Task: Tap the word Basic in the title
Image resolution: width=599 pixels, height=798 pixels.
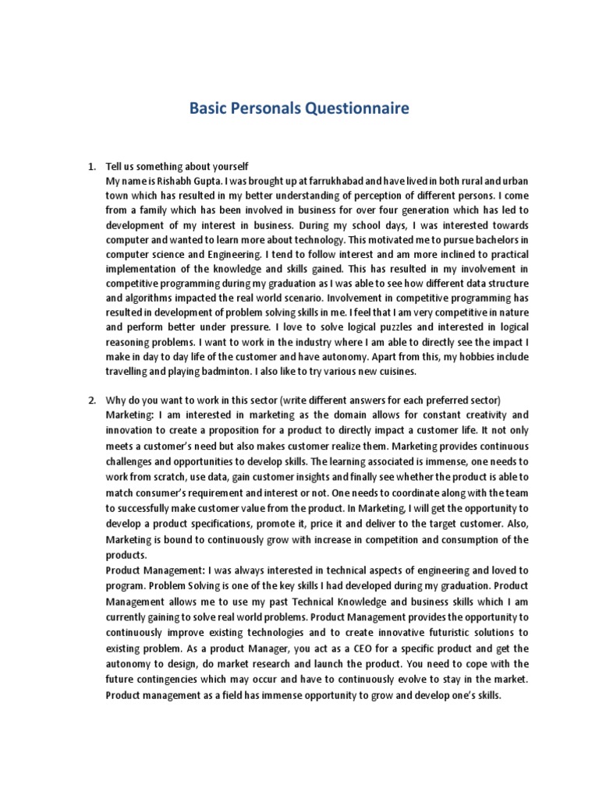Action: pos(209,108)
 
